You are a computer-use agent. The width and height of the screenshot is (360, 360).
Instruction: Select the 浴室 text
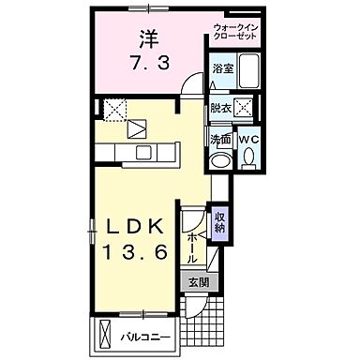pos(222,68)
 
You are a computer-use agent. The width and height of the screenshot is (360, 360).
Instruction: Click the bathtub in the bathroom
pos(222,83)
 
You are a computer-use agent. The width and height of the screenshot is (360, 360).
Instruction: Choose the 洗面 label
pos(220,141)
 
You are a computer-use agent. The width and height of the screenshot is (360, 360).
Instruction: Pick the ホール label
pos(192,246)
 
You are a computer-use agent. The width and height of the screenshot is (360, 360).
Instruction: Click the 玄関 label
pos(197,282)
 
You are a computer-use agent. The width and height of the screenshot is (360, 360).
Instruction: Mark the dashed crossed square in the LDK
pos(116,111)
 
